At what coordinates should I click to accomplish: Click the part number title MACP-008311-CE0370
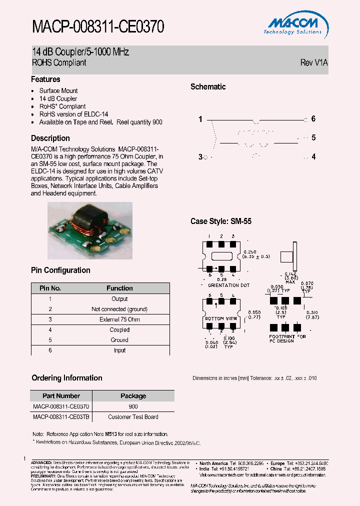[x=98, y=26]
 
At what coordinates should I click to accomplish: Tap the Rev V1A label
[x=314, y=63]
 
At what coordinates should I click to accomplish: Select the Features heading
[x=45, y=79]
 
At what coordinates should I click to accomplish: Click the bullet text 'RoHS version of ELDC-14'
[x=73, y=114]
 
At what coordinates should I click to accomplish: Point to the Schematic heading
[x=208, y=87]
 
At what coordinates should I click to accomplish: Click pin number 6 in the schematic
[x=313, y=119]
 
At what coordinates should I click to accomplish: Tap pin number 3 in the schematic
[x=200, y=157]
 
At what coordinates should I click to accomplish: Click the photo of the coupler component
[x=90, y=230]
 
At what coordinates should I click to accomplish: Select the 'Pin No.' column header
[x=50, y=288]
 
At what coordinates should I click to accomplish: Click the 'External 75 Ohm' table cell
[x=119, y=319]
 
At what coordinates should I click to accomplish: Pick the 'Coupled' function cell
[x=119, y=330]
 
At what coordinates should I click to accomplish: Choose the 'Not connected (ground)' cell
[x=119, y=309]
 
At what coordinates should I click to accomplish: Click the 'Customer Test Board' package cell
[x=133, y=417]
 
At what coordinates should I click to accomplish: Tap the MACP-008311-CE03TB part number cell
[x=61, y=417]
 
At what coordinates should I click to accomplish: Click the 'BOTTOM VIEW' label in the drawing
[x=221, y=318]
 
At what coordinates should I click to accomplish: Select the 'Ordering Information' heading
[x=67, y=378]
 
